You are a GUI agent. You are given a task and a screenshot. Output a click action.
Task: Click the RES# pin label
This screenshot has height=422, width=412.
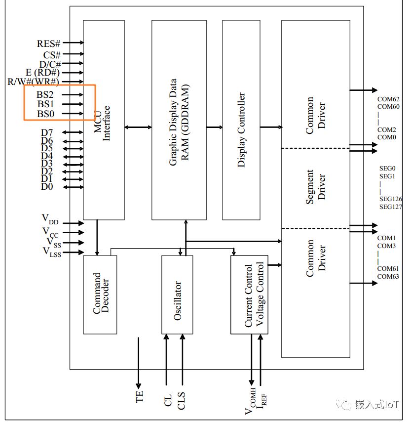click(x=48, y=44)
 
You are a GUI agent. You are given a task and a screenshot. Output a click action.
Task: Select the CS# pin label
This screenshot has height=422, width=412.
click(x=52, y=54)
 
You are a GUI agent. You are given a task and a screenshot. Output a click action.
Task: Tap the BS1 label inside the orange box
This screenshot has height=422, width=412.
click(x=46, y=104)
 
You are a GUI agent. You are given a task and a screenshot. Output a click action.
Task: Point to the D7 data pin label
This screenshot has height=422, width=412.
click(x=47, y=132)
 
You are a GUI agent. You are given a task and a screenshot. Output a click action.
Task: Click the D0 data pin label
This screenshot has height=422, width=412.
click(x=47, y=186)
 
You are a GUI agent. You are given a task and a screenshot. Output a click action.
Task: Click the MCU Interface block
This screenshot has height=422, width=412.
click(x=104, y=120)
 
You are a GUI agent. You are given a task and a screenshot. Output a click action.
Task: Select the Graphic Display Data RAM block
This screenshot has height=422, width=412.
click(x=179, y=120)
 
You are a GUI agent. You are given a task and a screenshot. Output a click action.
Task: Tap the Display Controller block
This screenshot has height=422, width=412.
click(x=241, y=120)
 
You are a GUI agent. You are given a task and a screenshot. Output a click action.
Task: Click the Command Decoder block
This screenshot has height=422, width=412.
click(x=100, y=295)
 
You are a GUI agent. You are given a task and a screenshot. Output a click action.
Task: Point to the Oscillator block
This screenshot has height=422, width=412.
click(x=177, y=295)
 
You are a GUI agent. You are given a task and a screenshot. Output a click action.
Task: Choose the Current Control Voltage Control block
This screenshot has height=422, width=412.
click(x=249, y=295)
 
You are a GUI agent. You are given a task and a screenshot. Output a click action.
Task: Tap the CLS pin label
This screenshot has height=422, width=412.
click(x=181, y=400)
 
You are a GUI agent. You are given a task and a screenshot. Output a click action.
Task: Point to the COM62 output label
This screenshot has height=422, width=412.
click(x=388, y=99)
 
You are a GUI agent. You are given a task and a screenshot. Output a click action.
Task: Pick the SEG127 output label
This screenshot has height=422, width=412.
click(x=390, y=207)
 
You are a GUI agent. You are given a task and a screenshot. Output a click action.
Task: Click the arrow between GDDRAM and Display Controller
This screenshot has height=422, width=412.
click(x=214, y=127)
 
